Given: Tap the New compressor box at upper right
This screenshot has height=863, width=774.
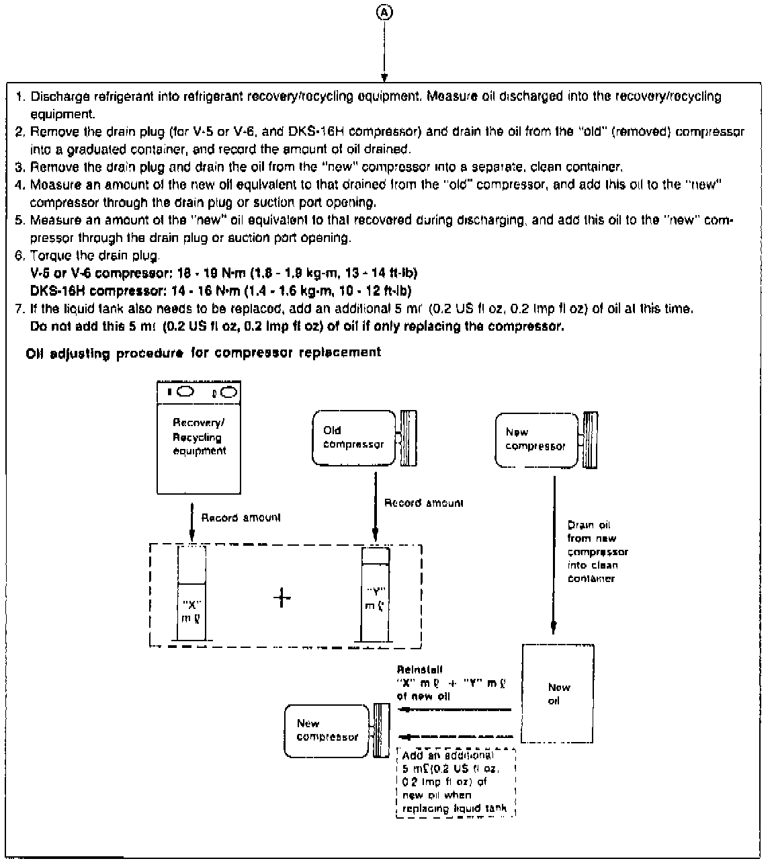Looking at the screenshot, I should [x=535, y=440].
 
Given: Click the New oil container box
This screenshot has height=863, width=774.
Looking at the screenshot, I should [x=558, y=694].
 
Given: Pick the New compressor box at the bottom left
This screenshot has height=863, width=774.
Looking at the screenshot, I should [x=327, y=731].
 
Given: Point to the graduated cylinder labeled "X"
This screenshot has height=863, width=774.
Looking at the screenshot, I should [x=192, y=593].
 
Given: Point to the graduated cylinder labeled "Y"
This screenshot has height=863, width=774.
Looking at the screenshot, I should [x=376, y=595].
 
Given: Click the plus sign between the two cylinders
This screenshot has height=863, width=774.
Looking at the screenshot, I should [x=283, y=597].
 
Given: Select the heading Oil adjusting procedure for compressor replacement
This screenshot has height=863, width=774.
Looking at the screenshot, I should [x=203, y=352].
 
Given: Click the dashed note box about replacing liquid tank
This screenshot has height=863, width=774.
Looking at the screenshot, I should [x=456, y=782].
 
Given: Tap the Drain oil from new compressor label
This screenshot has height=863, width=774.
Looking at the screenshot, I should [x=597, y=551].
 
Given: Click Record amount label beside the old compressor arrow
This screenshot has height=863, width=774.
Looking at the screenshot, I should [x=423, y=503].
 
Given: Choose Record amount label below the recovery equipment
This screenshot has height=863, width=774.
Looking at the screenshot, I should [x=241, y=518].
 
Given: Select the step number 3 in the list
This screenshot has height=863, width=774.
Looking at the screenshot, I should [x=19, y=166].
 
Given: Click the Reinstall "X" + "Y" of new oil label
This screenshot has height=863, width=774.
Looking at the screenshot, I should [x=450, y=683].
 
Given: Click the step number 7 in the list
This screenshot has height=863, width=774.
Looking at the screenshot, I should [x=19, y=309].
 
